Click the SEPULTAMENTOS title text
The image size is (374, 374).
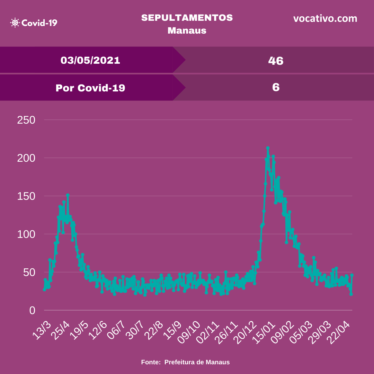(187, 18)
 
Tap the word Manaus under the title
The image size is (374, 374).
(187, 30)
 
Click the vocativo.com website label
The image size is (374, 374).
(325, 18)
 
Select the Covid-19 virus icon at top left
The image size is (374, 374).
(15, 23)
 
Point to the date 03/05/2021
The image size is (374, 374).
(90, 60)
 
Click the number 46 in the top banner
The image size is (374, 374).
(276, 61)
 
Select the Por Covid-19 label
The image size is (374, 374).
(90, 88)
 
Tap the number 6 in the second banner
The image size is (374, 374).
(276, 87)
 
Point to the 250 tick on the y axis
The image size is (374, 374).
(26, 120)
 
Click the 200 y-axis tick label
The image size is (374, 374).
(26, 158)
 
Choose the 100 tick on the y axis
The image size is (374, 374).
(26, 234)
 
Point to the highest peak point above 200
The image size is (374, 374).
(268, 148)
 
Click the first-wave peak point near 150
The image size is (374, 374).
(68, 195)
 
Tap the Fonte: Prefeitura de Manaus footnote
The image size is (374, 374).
(185, 362)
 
